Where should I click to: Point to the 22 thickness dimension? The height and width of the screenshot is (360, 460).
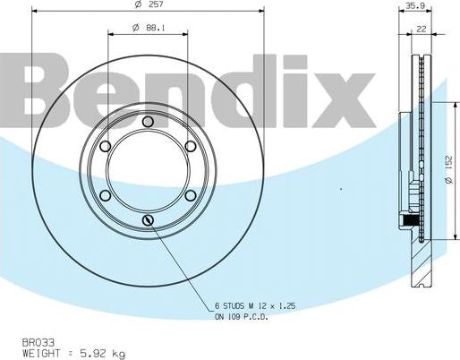420,29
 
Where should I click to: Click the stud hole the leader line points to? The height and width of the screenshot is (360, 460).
149,220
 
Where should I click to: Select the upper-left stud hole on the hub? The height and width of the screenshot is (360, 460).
106,147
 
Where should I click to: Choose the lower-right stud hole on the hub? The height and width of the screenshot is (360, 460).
191,196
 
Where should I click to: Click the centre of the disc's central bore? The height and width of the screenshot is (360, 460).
149,171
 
